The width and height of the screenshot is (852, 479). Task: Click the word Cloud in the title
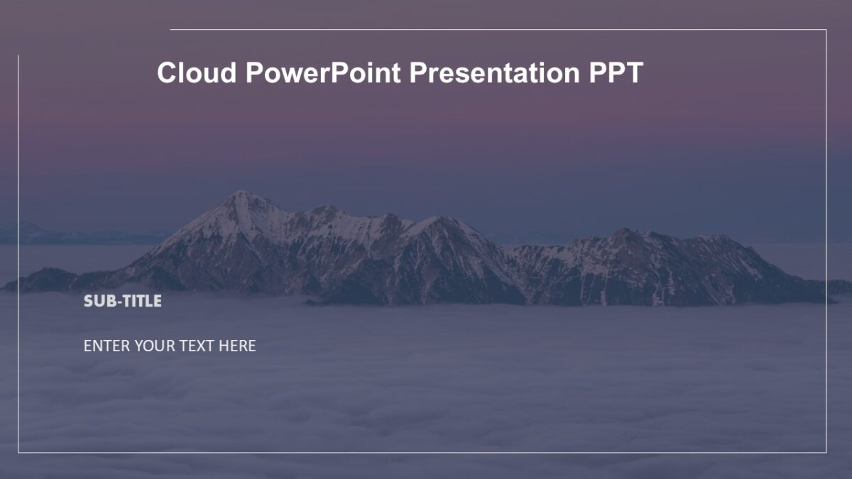click(x=197, y=72)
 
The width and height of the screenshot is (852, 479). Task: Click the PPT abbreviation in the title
click(x=616, y=72)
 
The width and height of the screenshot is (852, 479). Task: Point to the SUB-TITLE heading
click(x=123, y=301)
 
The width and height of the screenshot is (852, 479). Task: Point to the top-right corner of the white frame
click(x=826, y=30)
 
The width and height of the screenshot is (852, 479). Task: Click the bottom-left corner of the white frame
click(x=18, y=452)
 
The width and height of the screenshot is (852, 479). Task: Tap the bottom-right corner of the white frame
click(x=826, y=452)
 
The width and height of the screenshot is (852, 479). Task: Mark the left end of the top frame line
click(x=171, y=30)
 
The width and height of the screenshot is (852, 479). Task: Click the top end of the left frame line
click(x=18, y=56)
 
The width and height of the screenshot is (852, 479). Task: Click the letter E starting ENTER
click(x=87, y=346)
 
